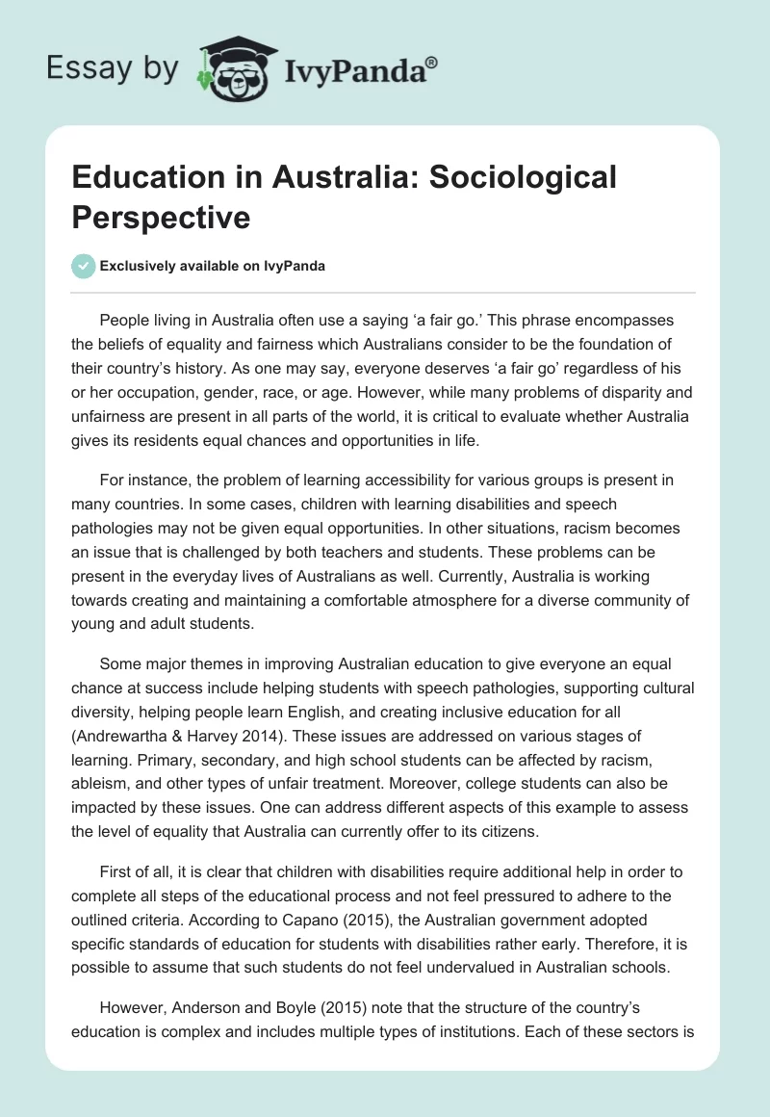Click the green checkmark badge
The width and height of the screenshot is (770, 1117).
point(84,266)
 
